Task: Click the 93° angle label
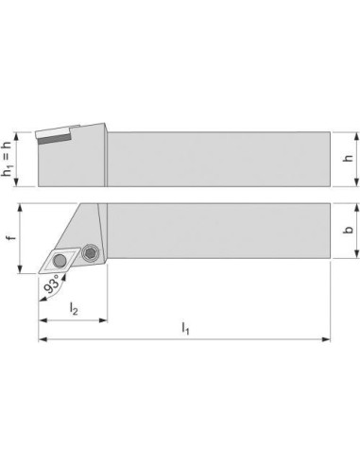(52, 284)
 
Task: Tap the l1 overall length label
(185, 329)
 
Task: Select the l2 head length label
(74, 308)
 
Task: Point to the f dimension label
(11, 236)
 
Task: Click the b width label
(348, 230)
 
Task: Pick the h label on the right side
(348, 158)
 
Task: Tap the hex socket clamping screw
(91, 252)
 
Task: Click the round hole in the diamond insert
(60, 261)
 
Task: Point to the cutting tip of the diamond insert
(39, 274)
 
